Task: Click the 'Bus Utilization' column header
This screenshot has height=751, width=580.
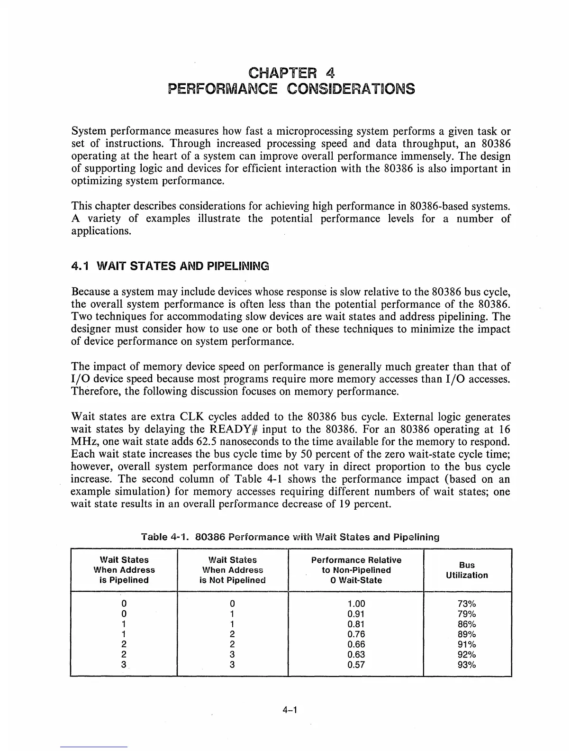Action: click(467, 570)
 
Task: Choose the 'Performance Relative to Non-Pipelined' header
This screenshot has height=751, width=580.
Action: click(356, 570)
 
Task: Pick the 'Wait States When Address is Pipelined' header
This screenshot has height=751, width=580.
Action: click(124, 570)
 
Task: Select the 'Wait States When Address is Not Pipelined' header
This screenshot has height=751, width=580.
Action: click(233, 570)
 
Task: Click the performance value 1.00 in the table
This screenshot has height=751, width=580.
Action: click(356, 604)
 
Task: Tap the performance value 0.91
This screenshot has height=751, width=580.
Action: click(356, 614)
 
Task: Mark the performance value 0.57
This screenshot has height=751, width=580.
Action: click(356, 665)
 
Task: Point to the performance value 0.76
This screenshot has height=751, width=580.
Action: click(356, 634)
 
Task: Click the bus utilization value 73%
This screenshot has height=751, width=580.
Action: click(467, 604)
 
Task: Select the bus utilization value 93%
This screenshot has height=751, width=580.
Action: click(467, 665)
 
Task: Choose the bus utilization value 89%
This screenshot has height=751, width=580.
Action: click(467, 634)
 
